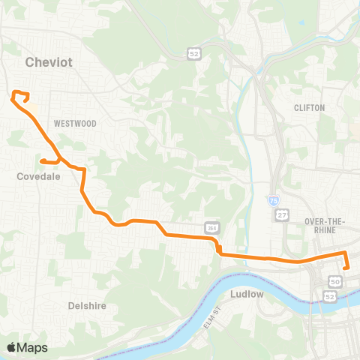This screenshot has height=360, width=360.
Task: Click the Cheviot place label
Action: [x=49, y=62]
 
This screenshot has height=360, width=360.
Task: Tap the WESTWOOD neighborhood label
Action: [x=75, y=123]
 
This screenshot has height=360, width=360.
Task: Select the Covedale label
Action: [x=38, y=177]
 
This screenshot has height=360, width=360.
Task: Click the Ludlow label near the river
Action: [x=247, y=294]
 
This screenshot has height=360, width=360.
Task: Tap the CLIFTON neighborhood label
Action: [x=310, y=108]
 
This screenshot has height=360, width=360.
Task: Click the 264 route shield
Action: [x=212, y=227]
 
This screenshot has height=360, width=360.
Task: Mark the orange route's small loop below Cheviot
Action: [x=21, y=95]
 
